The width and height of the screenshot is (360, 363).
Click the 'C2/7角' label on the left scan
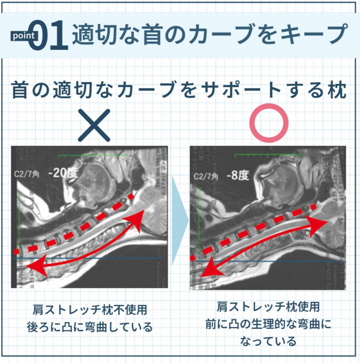(26, 174)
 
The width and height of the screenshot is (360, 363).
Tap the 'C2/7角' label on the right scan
(205, 176)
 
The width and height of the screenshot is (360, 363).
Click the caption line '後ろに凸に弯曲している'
(90, 328)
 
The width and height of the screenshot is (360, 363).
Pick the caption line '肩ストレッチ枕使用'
(268, 307)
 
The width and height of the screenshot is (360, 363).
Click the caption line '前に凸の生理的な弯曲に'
(268, 324)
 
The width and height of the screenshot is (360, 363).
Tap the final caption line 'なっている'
(268, 341)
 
